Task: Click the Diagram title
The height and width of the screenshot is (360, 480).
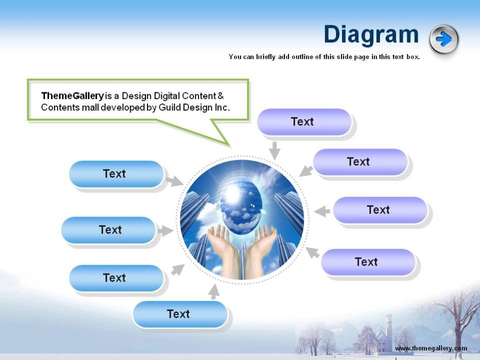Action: (x=371, y=35)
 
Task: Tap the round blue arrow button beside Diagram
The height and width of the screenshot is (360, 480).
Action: (x=444, y=39)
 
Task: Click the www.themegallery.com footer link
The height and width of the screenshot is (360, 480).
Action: (x=430, y=348)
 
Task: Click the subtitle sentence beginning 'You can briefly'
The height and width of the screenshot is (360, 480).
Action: (x=324, y=57)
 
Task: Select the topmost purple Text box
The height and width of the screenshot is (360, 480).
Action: (x=304, y=122)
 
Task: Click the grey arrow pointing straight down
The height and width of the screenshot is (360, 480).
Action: (x=274, y=150)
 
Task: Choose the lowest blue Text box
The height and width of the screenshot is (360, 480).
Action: (x=179, y=314)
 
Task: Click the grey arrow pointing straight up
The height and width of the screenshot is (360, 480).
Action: (x=214, y=291)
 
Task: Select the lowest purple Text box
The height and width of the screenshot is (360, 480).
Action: (x=367, y=262)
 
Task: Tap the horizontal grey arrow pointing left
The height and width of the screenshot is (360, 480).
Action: (x=322, y=211)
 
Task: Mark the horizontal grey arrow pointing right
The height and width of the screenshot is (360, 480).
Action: (x=165, y=231)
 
